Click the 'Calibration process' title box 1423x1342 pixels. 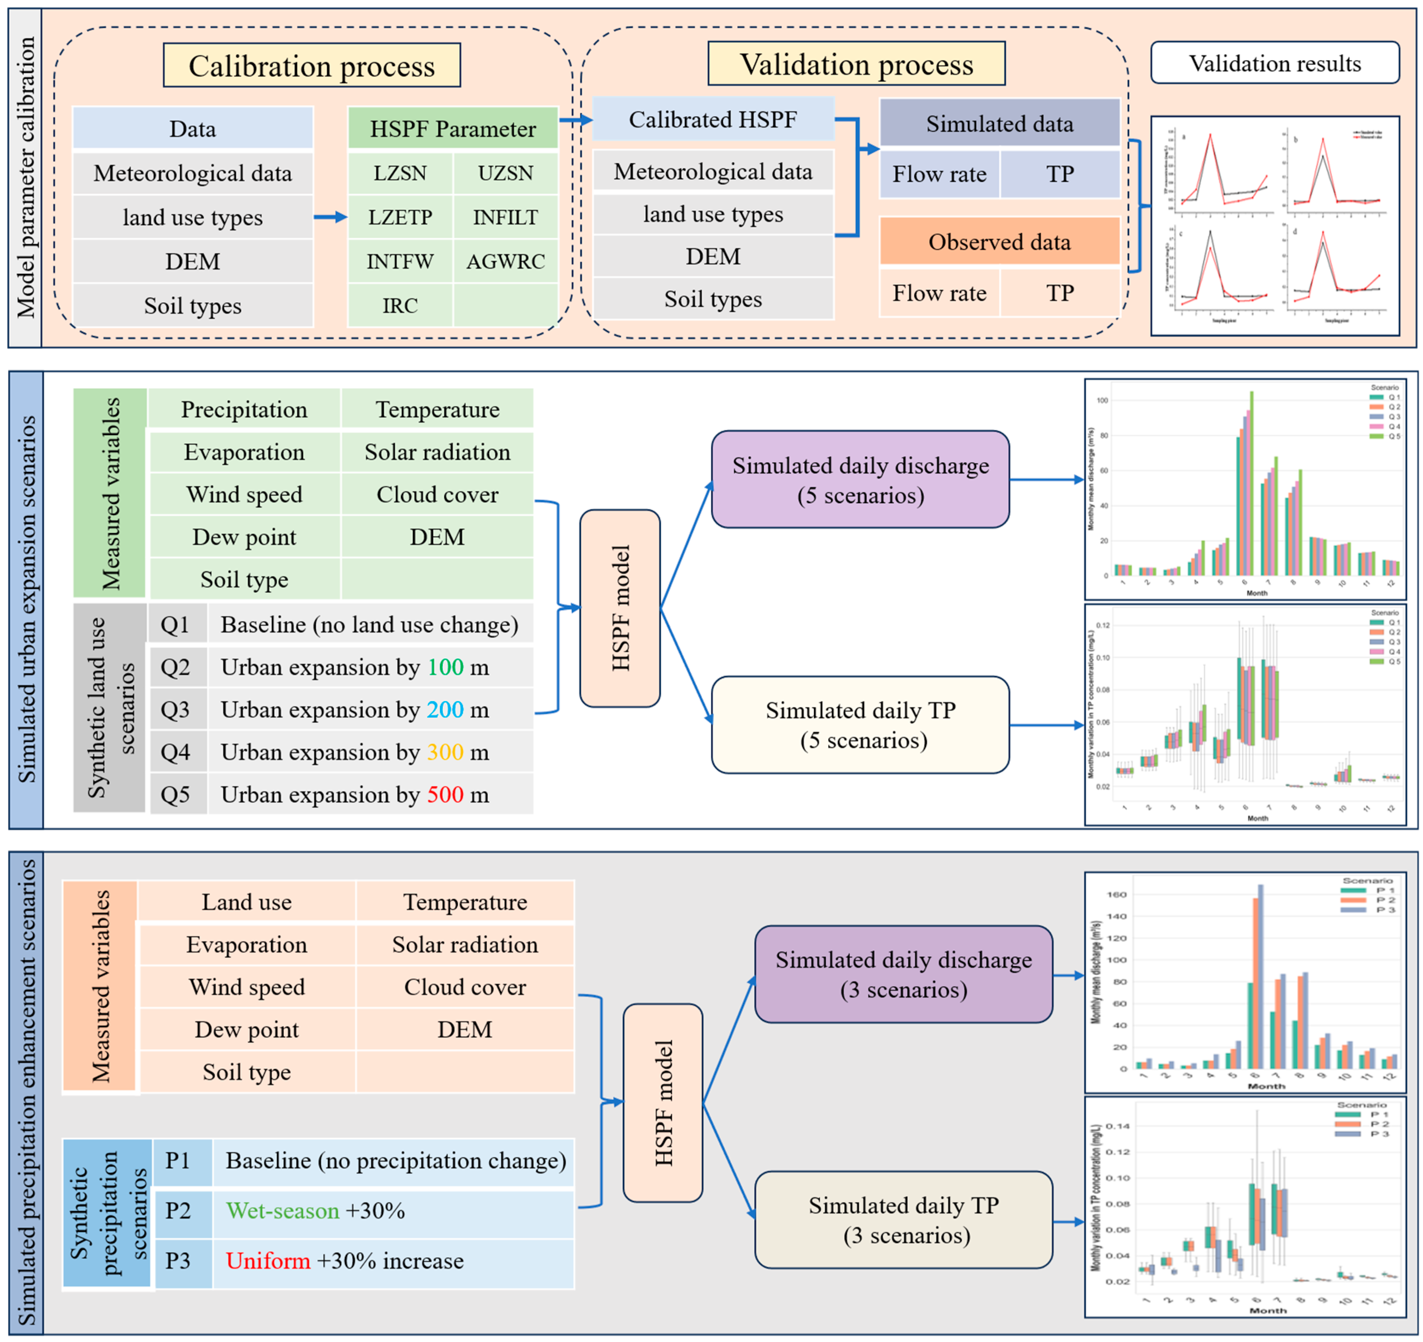pos(311,66)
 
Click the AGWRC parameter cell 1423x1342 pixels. pos(505,261)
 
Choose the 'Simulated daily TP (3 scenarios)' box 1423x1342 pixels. pos(903,1220)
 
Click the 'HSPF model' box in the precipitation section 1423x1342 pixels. pos(663,1103)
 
